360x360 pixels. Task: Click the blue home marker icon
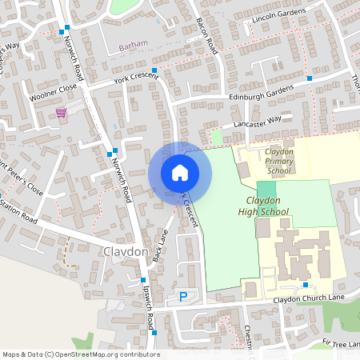[x=180, y=172]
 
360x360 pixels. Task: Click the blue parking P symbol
[x=182, y=297]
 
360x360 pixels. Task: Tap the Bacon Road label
[x=207, y=36]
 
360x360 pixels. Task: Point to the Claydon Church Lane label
[x=307, y=298]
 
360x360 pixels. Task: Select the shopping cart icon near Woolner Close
[x=61, y=112]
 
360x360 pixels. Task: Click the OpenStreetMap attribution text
[x=81, y=354]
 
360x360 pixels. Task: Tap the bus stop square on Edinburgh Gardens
[x=309, y=78]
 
